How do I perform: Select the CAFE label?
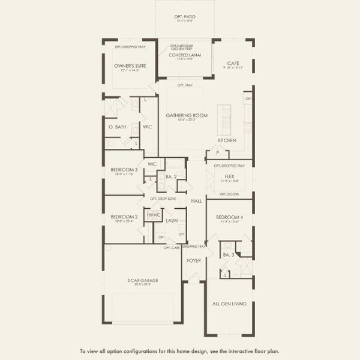(233, 63)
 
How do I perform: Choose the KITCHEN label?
(227, 140)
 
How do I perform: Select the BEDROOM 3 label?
(124, 170)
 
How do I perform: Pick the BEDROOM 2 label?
(124, 217)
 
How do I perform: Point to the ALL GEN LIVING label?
(230, 304)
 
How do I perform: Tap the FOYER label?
(194, 261)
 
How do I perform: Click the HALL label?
(197, 201)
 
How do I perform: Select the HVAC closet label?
(155, 214)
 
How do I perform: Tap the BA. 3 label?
(227, 256)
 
